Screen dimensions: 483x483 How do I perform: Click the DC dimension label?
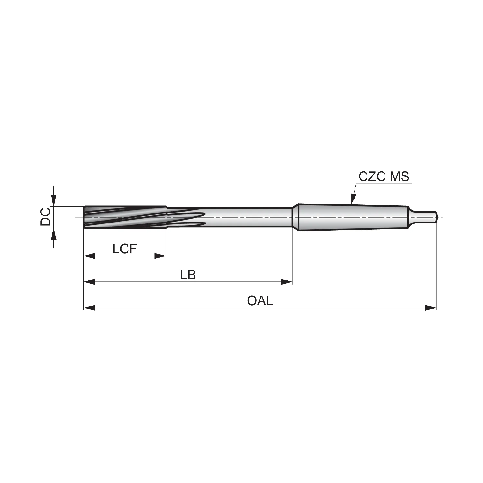click(x=45, y=217)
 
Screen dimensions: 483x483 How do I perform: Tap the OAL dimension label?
click(x=260, y=301)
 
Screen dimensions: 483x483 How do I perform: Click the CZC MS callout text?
click(x=384, y=176)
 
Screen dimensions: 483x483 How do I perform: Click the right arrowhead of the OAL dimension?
click(x=431, y=308)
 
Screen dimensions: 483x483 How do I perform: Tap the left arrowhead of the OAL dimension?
click(x=90, y=308)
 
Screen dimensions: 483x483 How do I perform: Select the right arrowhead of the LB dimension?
click(x=287, y=282)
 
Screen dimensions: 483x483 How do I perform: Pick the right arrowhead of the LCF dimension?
click(x=160, y=256)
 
